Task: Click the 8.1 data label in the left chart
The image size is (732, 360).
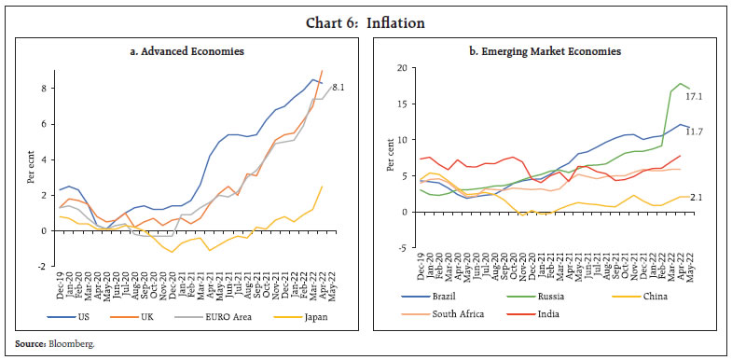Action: click(x=340, y=87)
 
